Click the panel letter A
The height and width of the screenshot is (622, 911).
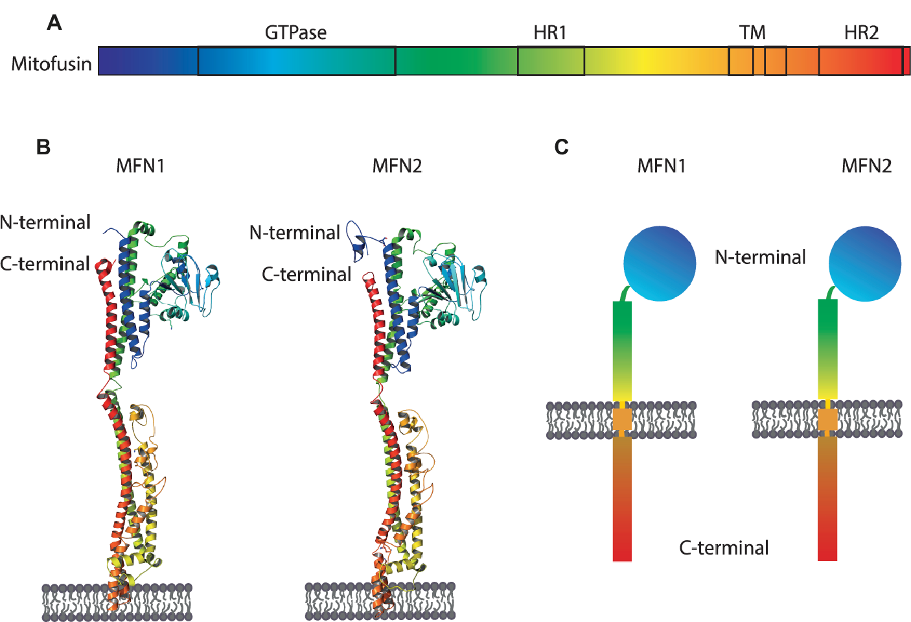[54, 23]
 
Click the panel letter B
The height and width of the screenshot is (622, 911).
[43, 147]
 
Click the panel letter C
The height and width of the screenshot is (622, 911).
[561, 147]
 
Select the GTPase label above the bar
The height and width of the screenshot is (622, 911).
[295, 32]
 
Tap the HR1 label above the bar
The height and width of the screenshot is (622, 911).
[550, 32]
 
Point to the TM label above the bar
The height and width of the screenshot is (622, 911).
[752, 32]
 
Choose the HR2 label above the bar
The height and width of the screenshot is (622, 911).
[861, 32]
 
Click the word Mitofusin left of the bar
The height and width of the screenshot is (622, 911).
[51, 64]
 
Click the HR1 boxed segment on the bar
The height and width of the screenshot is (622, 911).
[551, 61]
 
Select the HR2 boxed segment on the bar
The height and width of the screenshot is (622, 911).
[860, 61]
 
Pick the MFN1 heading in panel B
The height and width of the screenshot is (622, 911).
[141, 166]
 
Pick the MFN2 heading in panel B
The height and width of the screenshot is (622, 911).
[397, 166]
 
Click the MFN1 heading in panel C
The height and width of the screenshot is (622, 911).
[661, 166]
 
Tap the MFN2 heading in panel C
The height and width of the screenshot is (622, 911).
[866, 166]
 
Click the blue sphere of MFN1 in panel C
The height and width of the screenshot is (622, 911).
[660, 263]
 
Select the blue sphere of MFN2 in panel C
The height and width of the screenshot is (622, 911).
[865, 263]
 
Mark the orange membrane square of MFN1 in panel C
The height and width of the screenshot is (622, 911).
[622, 419]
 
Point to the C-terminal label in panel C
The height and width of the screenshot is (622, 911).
[724, 548]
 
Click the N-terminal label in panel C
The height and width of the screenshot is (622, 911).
[760, 257]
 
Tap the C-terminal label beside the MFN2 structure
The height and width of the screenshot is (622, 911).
[306, 274]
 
